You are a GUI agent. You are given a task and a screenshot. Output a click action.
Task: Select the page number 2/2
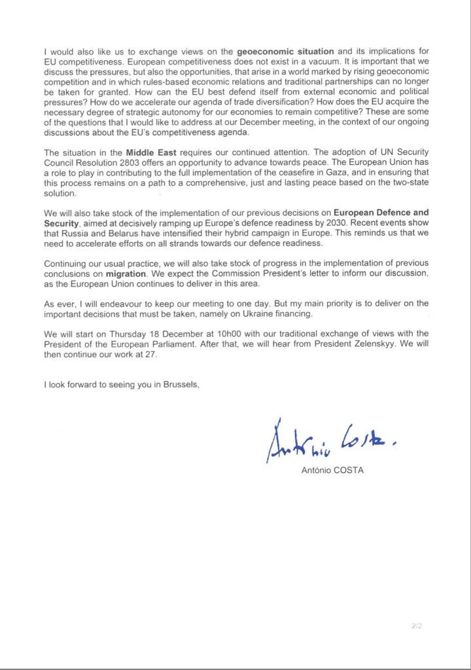tap(416, 626)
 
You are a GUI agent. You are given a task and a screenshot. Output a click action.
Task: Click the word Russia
tap(80, 233)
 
